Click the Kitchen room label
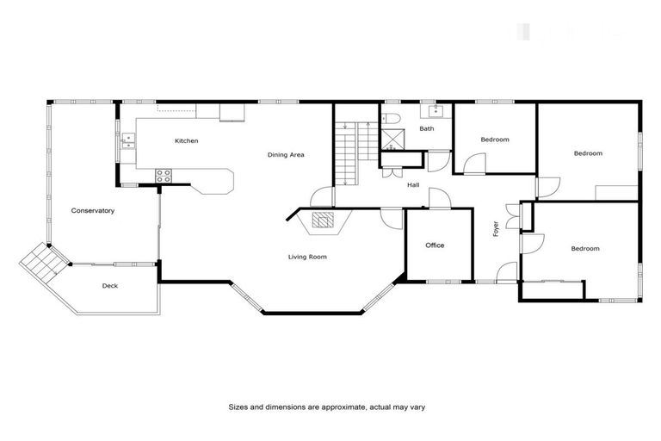(187, 140)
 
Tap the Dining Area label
(286, 155)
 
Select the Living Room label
(307, 257)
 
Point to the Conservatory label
(93, 211)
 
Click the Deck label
(109, 286)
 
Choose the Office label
(435, 245)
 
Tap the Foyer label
(496, 228)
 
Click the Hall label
(413, 184)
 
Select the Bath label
(427, 129)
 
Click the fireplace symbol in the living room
(322, 221)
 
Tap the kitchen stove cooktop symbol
(164, 175)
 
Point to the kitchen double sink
(128, 140)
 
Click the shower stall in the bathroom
(394, 140)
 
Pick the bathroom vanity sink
(430, 111)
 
